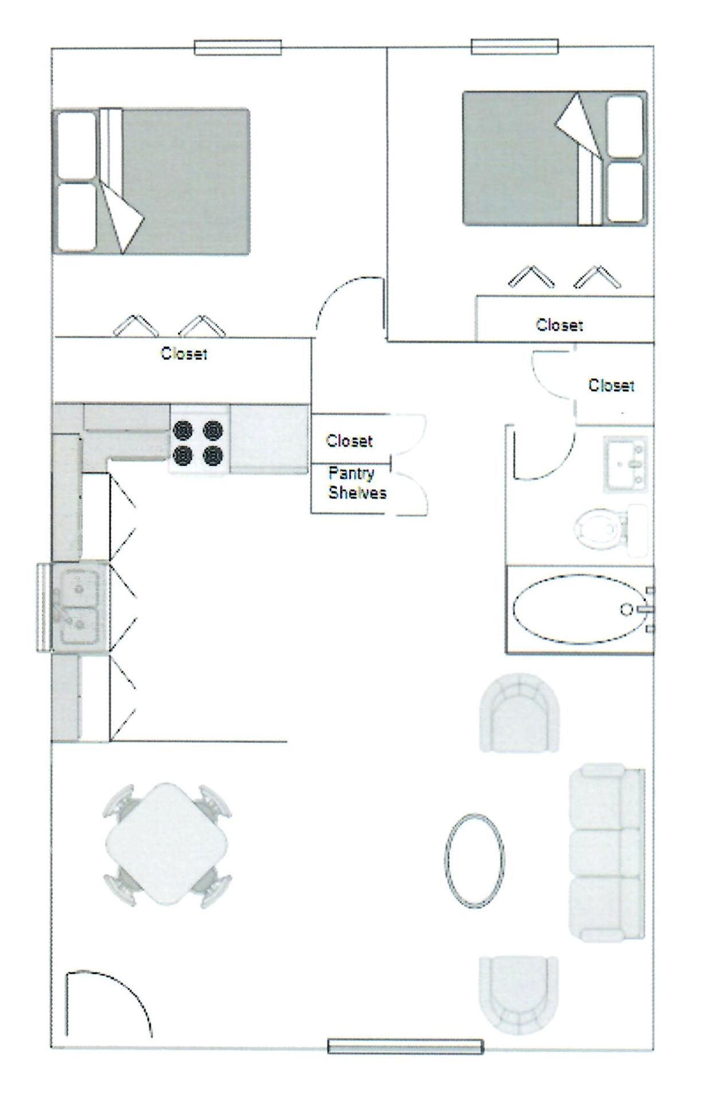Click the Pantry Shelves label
[x=356, y=483]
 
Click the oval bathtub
[x=579, y=609]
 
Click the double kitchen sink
[x=80, y=607]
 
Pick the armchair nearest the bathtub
[x=519, y=712]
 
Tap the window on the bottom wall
[x=405, y=1046]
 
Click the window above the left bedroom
[x=237, y=48]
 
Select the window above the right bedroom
[x=514, y=46]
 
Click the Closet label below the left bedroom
[x=183, y=353]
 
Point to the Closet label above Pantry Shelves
[x=349, y=441]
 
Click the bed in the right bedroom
[x=554, y=158]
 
